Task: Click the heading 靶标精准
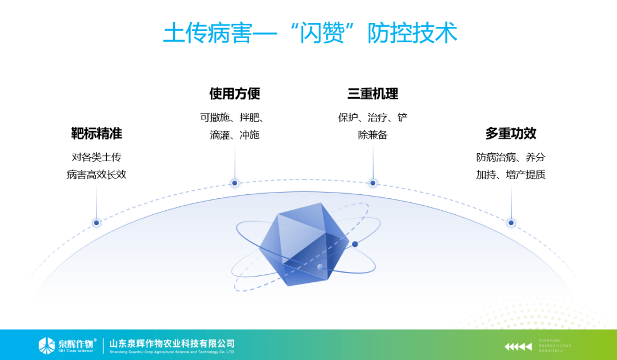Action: [x=96, y=134]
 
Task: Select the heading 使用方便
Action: [x=234, y=94]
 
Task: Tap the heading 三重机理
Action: [x=372, y=94]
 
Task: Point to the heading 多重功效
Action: [x=511, y=134]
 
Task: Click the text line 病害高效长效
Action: [x=96, y=175]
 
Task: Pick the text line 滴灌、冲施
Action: [x=234, y=135]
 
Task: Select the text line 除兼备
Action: [x=372, y=135]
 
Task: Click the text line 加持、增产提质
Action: [x=511, y=175]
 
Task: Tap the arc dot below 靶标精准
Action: [x=97, y=223]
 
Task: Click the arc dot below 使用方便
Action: [x=234, y=183]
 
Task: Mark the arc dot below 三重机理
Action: [x=372, y=183]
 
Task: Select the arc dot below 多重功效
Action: [x=511, y=223]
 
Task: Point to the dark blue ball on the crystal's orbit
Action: [x=355, y=244]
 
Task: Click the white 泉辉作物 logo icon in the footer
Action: [x=46, y=345]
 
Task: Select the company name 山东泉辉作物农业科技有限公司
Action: [x=172, y=343]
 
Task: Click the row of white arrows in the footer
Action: [x=518, y=346]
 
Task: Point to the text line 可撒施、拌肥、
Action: [x=234, y=118]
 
